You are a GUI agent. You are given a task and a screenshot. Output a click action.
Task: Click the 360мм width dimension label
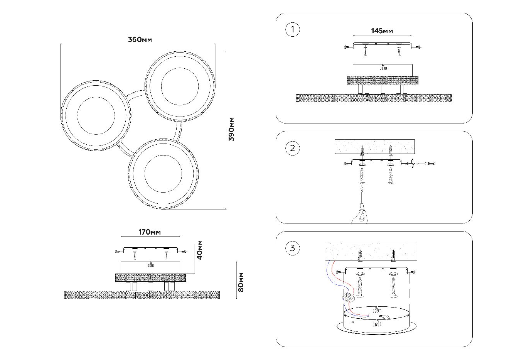pos(140,40)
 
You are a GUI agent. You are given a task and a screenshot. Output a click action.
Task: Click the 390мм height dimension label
pos(231,129)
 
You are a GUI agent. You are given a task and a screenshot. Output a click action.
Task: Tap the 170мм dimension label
pos(150,232)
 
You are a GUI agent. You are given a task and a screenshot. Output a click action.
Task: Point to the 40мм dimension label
pos(199,250)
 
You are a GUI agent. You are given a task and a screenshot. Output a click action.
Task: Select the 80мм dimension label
pos(241,282)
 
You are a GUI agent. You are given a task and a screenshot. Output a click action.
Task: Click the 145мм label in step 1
pos(382,31)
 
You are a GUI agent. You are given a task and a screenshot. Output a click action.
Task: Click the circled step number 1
pos(292,29)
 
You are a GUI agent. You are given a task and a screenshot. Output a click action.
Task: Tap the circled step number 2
pos(292,148)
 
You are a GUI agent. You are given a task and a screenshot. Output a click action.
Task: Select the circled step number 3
pos(292,248)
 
